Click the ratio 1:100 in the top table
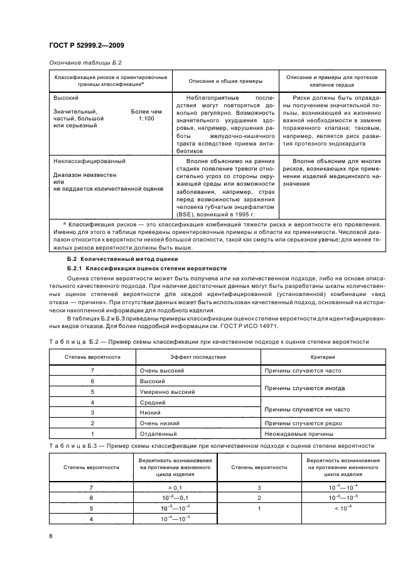pyautogui.click(x=146, y=118)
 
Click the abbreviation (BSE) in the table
pyautogui.click(x=186, y=213)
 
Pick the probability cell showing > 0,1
pyautogui.click(x=175, y=487)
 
